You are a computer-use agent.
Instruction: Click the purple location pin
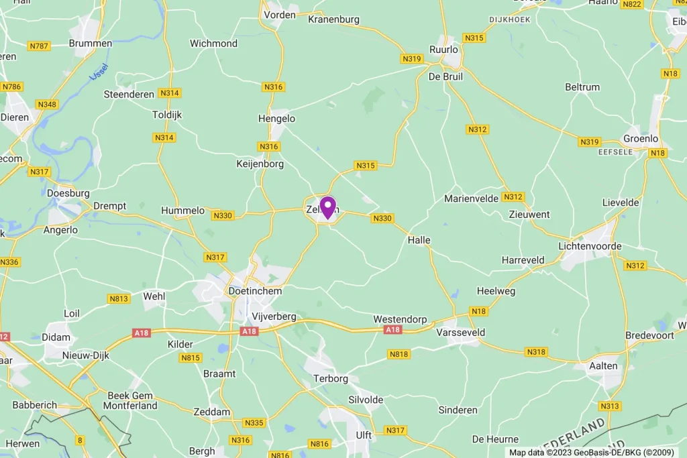point(327,206)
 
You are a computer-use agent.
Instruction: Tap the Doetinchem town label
point(254,291)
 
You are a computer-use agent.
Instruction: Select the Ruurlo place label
point(443,50)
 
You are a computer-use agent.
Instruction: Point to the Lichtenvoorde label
point(590,246)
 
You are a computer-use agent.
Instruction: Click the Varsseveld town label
point(460,332)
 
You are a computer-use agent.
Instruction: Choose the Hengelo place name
point(276,119)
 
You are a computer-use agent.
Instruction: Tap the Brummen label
point(91,44)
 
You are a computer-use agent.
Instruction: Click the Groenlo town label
point(641,139)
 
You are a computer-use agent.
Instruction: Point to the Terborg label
point(331,379)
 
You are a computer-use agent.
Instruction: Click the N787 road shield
point(39,46)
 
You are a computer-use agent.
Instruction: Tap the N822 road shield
point(631,4)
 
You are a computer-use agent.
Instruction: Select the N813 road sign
point(118,298)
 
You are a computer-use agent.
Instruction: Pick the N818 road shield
point(398,354)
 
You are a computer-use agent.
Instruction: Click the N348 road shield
point(47,105)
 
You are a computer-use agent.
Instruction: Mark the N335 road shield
point(254,422)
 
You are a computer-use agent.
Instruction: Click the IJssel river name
point(99,70)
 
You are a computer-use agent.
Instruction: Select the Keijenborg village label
point(260,164)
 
